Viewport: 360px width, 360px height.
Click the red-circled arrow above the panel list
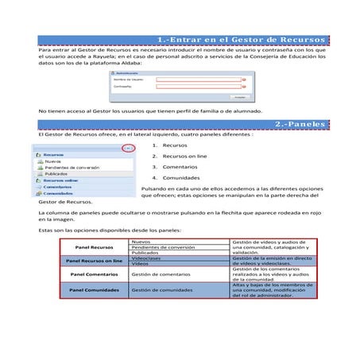tap(126, 148)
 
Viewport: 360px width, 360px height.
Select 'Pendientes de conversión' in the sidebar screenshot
tap(72, 168)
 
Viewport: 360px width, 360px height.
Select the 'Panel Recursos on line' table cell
tap(93, 260)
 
